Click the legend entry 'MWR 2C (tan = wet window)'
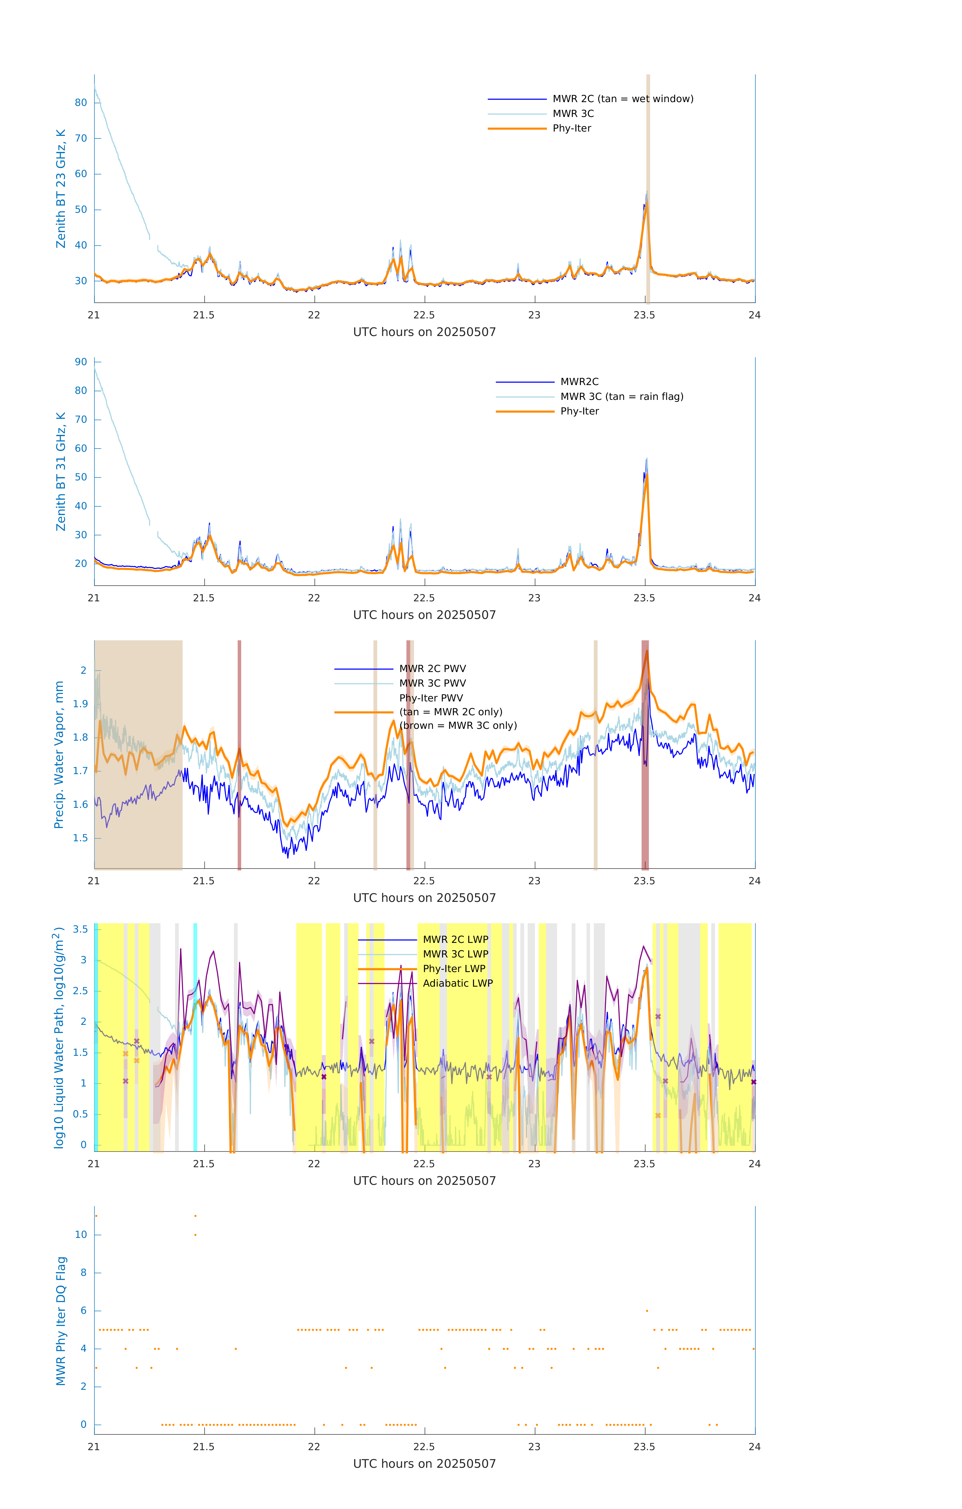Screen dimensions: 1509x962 622,99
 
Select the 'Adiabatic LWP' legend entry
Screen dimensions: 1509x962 457,983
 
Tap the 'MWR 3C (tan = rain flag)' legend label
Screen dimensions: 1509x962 621,397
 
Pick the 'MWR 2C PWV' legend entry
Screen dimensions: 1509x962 432,669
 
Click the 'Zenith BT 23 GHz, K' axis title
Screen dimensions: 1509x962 61,189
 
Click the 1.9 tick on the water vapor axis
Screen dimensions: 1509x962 80,704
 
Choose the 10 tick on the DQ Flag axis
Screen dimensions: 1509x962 81,1235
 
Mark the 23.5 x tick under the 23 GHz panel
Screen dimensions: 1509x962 644,315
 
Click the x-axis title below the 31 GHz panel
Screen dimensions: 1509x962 424,615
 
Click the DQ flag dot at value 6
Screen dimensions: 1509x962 647,1310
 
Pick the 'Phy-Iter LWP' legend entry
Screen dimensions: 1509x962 454,969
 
